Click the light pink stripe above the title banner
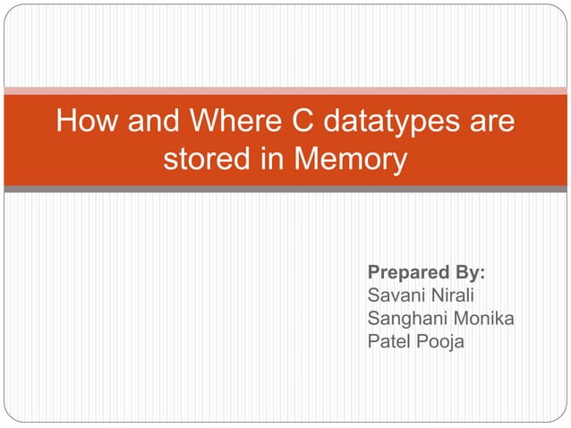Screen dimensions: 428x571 [x=285, y=90]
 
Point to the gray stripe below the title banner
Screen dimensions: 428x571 [x=285, y=189]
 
